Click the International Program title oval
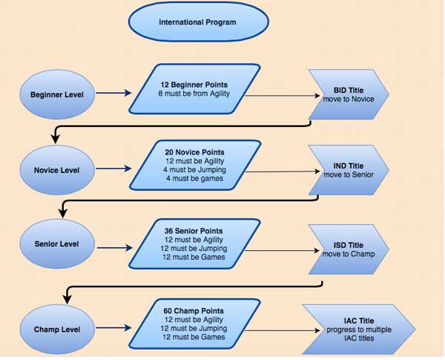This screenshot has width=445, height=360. click(197, 22)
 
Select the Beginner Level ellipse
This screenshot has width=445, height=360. click(56, 94)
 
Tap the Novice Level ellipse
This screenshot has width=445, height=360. click(56, 169)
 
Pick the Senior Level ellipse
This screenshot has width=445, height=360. click(56, 244)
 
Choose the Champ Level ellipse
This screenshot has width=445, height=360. click(56, 329)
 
